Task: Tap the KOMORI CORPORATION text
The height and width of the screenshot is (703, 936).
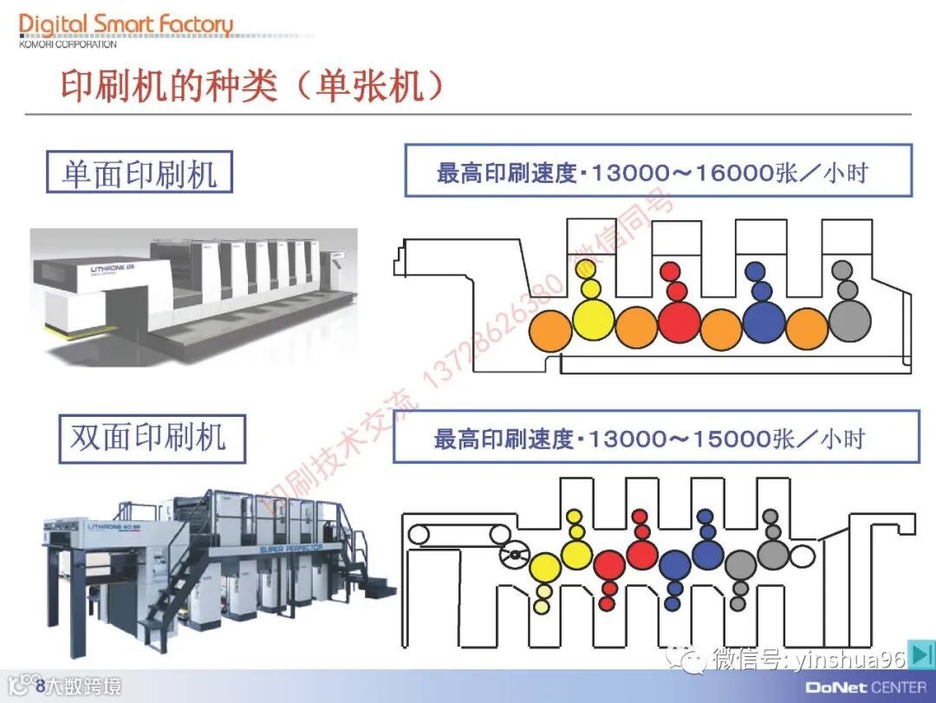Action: tap(68, 44)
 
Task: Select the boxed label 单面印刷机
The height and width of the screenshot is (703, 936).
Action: tap(139, 172)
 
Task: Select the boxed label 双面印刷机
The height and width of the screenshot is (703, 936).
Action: tap(147, 438)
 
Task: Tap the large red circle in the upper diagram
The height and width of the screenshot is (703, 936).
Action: tap(679, 321)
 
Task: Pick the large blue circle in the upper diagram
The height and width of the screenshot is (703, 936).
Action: tap(764, 322)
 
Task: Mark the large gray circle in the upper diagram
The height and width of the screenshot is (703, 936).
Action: tap(849, 321)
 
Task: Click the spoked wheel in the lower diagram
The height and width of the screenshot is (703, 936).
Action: tap(517, 552)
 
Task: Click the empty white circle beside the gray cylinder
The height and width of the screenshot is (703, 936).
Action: tap(802, 554)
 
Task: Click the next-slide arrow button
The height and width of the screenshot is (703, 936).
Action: tap(921, 654)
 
